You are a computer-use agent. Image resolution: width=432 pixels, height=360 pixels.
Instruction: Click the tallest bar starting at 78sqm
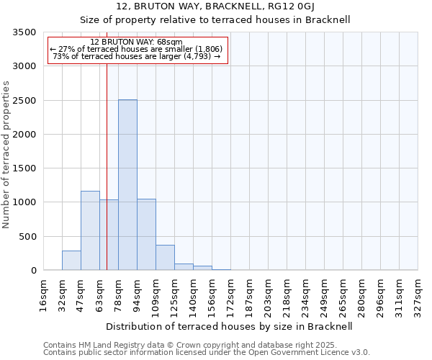127,185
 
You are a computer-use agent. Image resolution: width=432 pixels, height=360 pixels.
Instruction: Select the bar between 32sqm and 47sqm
71,261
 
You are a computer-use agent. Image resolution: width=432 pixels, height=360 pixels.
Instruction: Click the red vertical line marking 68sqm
107,166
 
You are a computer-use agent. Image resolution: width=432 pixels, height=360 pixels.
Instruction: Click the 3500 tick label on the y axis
24,32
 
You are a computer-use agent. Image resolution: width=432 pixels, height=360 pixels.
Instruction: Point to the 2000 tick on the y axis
24,135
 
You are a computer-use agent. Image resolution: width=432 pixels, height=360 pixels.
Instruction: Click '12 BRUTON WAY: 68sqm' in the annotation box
138,42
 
